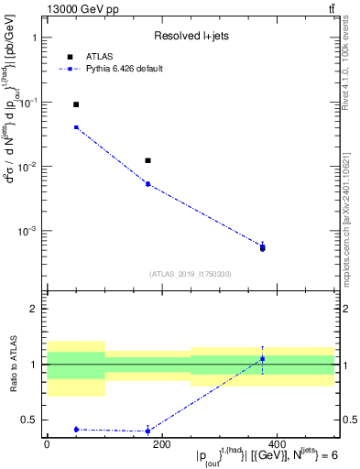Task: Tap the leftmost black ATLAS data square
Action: (76, 105)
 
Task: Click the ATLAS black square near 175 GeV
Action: (147, 161)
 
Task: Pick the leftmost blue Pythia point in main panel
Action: (76, 127)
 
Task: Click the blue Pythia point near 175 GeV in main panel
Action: (147, 184)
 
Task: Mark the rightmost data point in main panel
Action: (263, 247)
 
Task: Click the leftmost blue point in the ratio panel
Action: (76, 430)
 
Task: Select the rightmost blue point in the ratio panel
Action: (263, 358)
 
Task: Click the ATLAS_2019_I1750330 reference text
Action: (191, 274)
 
